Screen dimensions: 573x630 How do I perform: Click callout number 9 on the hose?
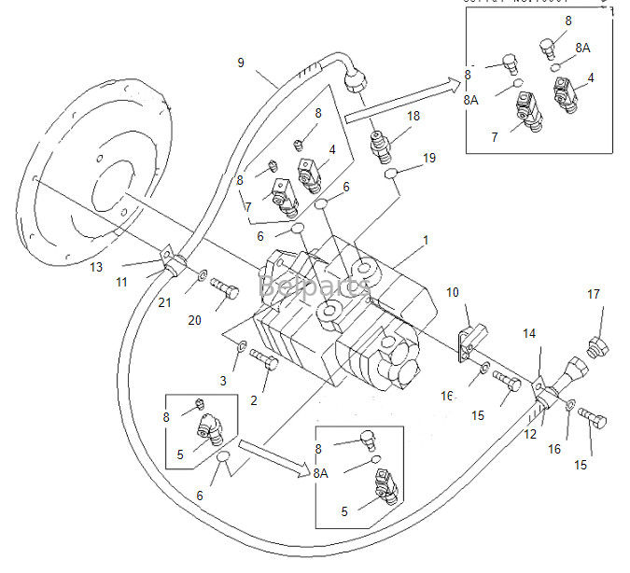pyautogui.click(x=241, y=63)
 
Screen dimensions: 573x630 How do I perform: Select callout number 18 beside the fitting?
pyautogui.click(x=413, y=116)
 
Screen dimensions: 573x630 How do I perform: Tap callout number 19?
pyautogui.click(x=427, y=158)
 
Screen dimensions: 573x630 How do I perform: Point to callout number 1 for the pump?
pyautogui.click(x=426, y=241)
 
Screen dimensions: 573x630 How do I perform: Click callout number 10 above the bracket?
pyautogui.click(x=453, y=293)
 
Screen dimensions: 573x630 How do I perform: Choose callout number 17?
pyautogui.click(x=594, y=295)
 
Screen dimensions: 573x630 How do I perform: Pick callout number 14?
pyautogui.click(x=529, y=333)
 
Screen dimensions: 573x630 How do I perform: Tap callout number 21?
pyautogui.click(x=165, y=301)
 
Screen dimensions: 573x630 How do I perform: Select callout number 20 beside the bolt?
pyautogui.click(x=194, y=320)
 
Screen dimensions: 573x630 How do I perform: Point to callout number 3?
pyautogui.click(x=223, y=381)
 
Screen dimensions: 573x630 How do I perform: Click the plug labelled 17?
pyautogui.click(x=595, y=351)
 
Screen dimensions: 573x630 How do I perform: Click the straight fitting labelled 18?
pyautogui.click(x=384, y=146)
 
